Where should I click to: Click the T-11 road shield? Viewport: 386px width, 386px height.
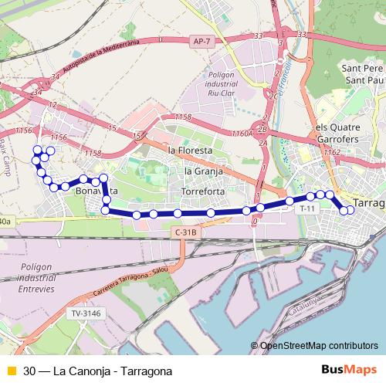pos(307,208)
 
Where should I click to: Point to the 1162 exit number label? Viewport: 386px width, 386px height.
pos(332,153)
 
